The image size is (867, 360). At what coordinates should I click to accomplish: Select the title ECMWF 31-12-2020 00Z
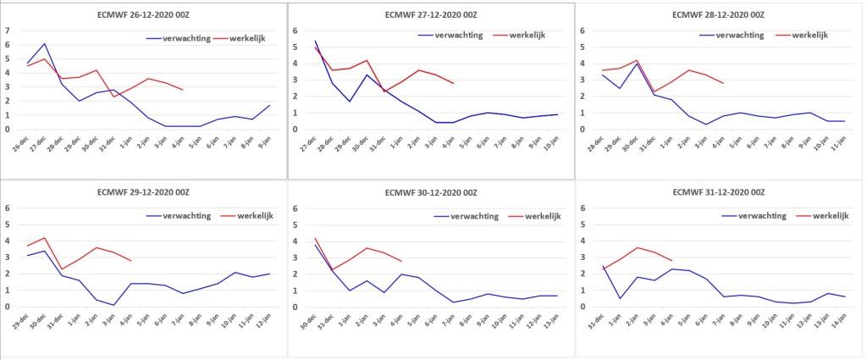[719, 193]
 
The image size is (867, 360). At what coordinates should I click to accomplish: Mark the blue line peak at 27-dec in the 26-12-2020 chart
[45, 44]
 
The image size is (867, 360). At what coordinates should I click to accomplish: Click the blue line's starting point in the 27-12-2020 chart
[315, 41]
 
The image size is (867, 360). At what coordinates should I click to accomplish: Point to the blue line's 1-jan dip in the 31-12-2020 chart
[621, 299]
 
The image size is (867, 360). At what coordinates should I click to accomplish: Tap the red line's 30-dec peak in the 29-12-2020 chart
[44, 238]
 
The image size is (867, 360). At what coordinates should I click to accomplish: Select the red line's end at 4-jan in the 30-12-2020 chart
[400, 261]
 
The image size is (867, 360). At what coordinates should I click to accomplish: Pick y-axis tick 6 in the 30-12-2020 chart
[295, 208]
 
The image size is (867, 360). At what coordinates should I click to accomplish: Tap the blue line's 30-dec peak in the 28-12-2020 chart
[637, 64]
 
